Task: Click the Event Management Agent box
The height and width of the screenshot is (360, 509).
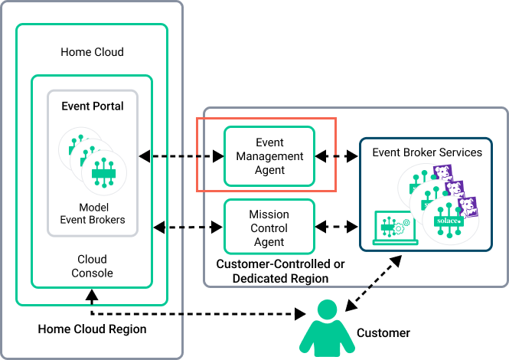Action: (269, 156)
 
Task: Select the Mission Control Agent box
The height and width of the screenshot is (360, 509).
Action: (269, 228)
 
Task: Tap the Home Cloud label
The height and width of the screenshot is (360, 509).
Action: (92, 52)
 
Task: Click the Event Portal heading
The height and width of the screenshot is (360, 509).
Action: (93, 106)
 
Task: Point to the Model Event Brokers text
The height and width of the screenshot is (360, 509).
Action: (93, 214)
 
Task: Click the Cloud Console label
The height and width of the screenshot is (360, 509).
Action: (93, 266)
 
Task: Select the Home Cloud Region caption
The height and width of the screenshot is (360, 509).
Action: (92, 329)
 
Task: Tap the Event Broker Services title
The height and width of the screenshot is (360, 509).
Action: (427, 152)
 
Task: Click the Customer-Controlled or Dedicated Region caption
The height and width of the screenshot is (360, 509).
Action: (279, 271)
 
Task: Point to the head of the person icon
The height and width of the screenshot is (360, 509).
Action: (328, 311)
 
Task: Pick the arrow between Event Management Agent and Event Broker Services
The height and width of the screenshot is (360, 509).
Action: (337, 156)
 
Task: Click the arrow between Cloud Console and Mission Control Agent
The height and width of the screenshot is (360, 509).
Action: (188, 227)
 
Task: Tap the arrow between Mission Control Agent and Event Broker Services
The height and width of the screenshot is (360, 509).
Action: (337, 227)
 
